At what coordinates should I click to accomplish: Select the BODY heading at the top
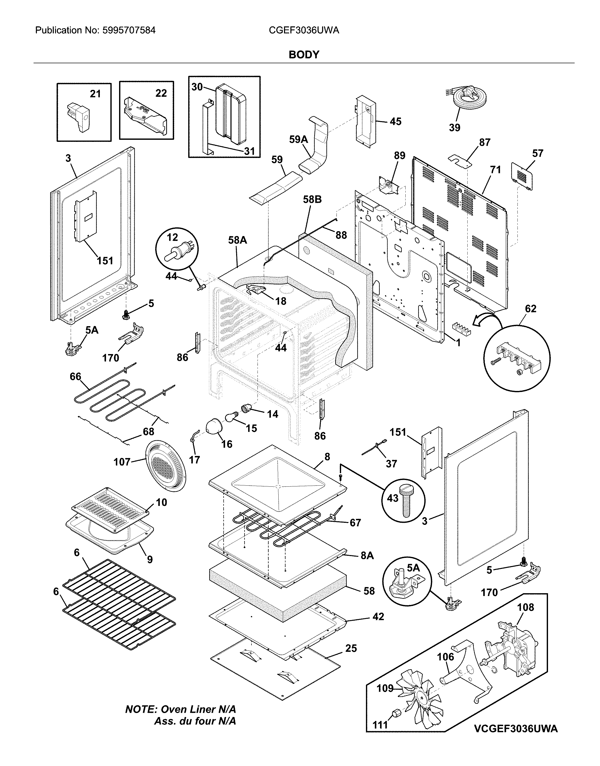click(304, 55)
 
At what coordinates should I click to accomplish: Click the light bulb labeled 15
click(231, 418)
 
